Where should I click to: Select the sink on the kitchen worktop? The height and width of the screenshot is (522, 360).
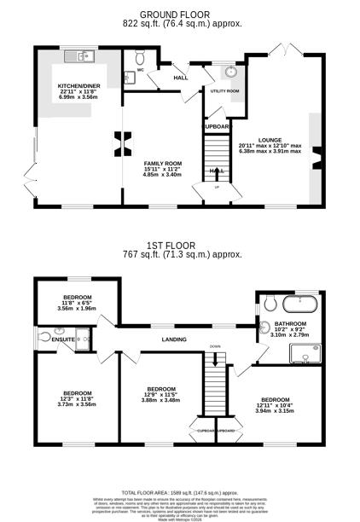(x=84, y=57)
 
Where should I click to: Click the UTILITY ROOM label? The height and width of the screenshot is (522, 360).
(x=225, y=90)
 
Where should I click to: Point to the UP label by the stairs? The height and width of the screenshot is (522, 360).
(x=217, y=188)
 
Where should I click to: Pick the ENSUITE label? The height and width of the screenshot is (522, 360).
(x=63, y=339)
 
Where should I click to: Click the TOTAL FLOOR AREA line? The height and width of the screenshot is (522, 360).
(x=181, y=493)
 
